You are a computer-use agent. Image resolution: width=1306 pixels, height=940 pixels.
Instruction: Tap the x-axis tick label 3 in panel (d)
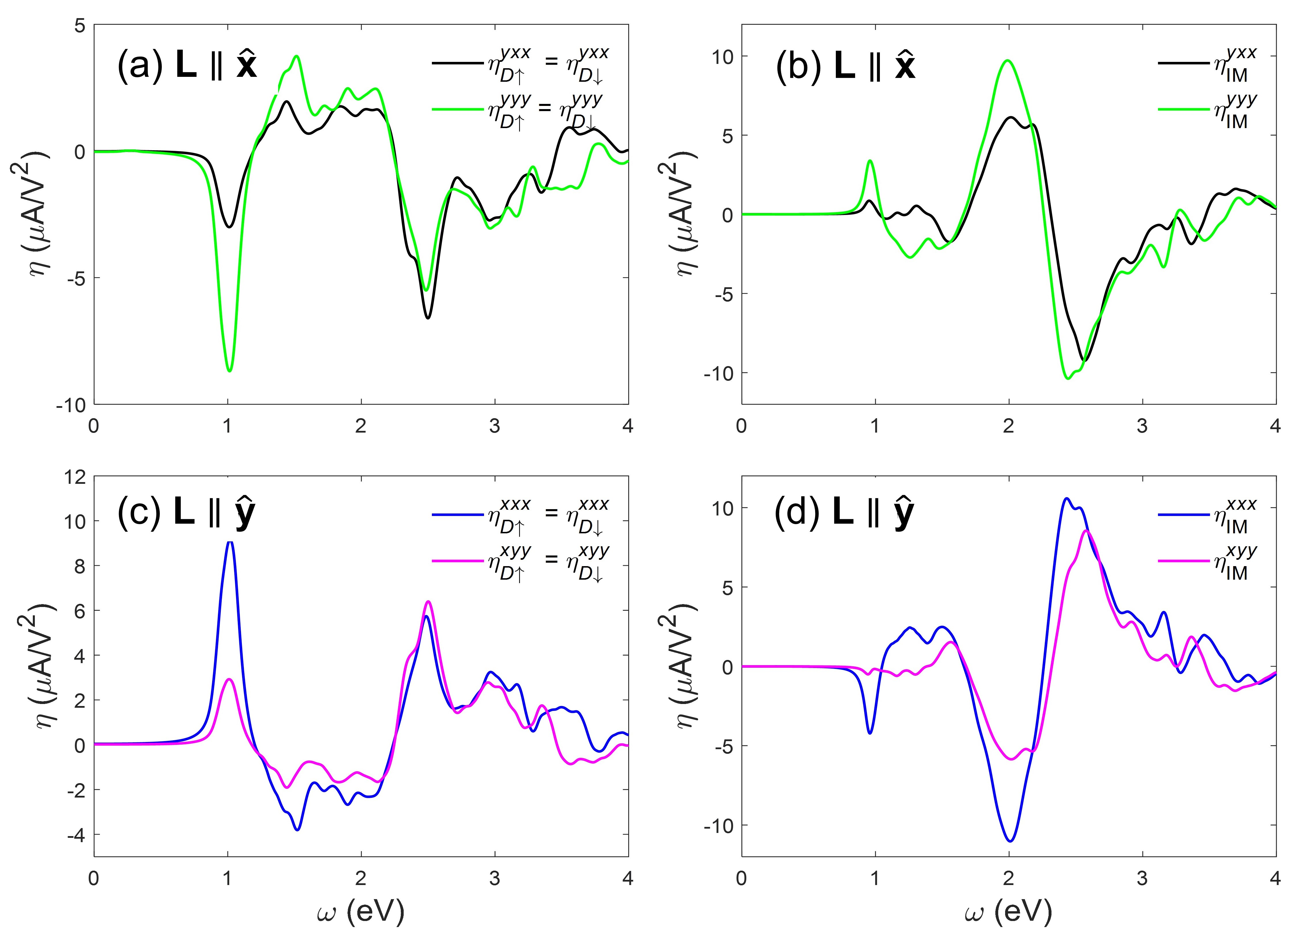pos(1142,878)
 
